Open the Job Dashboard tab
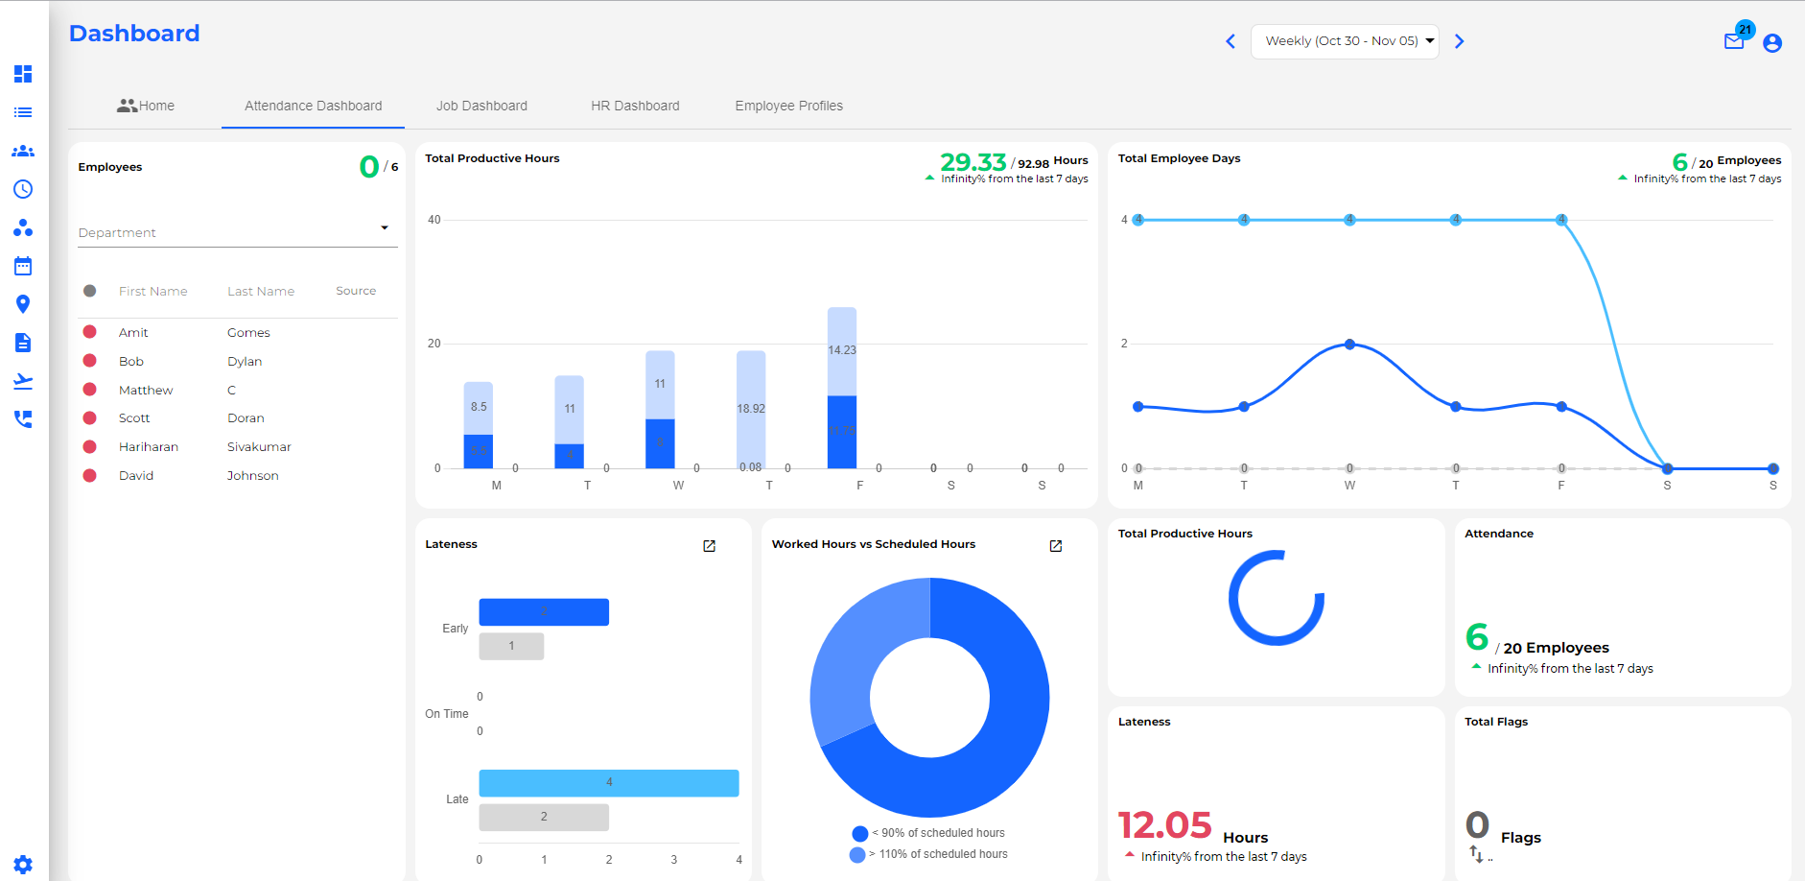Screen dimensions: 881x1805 coord(481,106)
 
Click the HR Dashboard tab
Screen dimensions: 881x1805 coord(635,106)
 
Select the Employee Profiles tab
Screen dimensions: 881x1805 coord(788,106)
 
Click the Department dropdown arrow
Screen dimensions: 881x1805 coord(385,228)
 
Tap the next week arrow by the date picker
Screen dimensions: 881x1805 coord(1459,41)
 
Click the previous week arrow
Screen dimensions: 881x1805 coord(1231,41)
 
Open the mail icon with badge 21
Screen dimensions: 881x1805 coord(1734,41)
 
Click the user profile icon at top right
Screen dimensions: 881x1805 coord(1772,43)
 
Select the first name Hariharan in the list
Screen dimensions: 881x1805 coord(149,447)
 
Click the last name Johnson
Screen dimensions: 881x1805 coord(253,476)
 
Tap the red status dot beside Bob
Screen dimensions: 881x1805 coord(90,361)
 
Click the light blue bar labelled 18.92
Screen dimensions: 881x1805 coord(751,408)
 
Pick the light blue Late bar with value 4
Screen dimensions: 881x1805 coord(608,783)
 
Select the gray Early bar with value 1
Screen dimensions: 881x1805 coord(511,646)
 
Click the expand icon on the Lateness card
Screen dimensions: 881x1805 coord(710,546)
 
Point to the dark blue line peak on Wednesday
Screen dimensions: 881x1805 coord(1349,344)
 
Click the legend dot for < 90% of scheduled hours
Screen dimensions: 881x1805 coord(859,833)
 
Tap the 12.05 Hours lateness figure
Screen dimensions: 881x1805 coord(1165,825)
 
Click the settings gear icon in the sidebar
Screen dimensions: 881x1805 coord(23,864)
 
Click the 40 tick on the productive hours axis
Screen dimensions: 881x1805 coord(434,220)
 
